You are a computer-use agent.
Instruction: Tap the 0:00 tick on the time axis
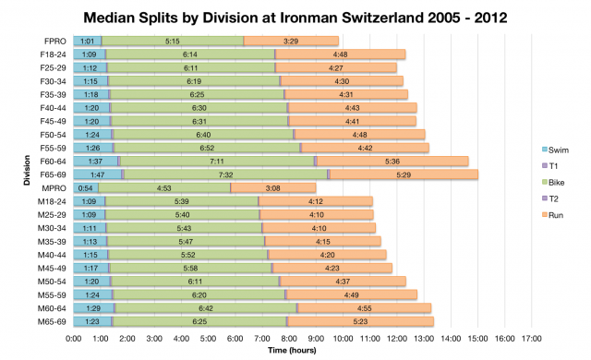pos(74,339)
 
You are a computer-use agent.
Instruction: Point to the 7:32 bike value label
pos(224,174)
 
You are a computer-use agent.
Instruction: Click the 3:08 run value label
pos(272,187)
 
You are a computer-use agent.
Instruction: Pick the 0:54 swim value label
pos(86,187)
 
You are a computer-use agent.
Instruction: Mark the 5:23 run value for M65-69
pos(359,320)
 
